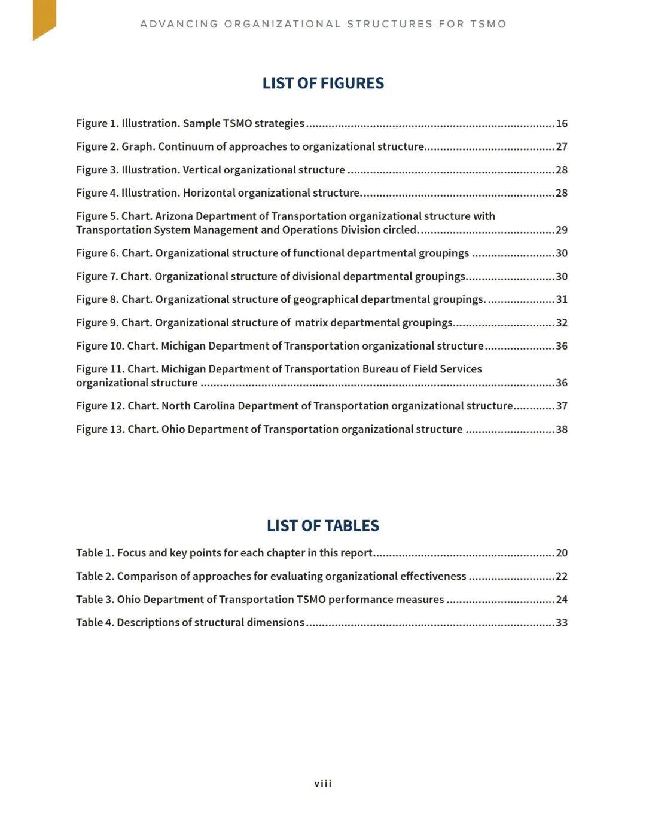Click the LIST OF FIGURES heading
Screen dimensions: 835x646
tap(323, 83)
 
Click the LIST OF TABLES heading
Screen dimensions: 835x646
tap(323, 525)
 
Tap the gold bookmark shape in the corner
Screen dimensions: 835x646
tap(44, 18)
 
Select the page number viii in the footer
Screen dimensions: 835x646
tap(323, 784)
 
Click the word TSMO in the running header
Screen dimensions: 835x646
tap(488, 24)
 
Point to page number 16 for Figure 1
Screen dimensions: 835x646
tap(562, 124)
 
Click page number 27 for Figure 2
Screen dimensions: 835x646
tap(562, 147)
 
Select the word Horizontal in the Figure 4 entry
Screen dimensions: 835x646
tap(208, 193)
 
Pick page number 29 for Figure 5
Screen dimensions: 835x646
tap(562, 230)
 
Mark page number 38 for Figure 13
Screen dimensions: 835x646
tap(562, 429)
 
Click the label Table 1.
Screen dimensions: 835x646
tap(95, 553)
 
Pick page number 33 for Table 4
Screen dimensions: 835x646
tap(562, 623)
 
